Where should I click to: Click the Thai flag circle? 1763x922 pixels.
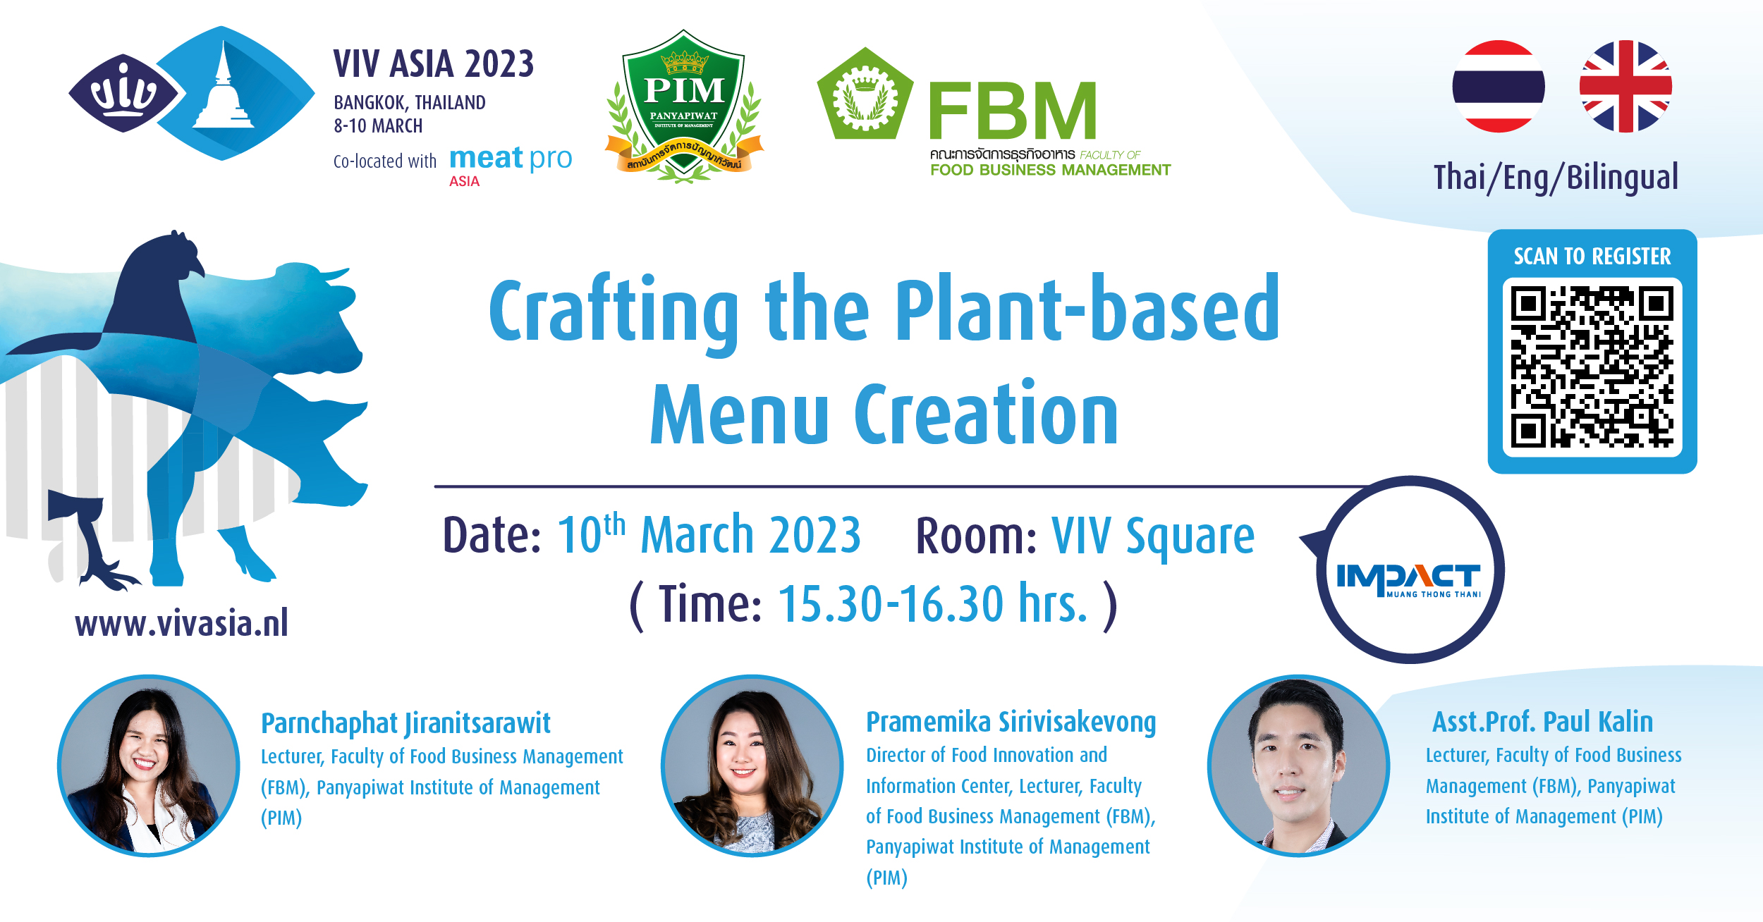[1499, 86]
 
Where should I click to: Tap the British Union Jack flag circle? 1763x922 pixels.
[1625, 86]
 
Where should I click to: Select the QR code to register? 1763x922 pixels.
[1592, 367]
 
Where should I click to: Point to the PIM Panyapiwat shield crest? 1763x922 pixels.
[683, 106]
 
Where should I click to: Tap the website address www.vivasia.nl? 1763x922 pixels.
[182, 623]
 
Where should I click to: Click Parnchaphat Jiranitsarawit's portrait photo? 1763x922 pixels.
[149, 766]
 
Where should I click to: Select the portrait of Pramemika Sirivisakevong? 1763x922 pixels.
[752, 766]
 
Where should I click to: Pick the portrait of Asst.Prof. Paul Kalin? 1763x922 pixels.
[1298, 766]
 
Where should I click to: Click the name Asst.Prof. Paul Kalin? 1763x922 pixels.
[1542, 722]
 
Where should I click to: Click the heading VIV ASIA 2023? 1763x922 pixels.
[434, 64]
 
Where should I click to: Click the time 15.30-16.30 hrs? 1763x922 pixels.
[933, 604]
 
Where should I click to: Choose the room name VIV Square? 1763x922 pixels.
[1153, 537]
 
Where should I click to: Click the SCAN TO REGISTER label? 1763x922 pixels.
[1592, 256]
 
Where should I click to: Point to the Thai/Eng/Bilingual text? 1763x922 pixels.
[1556, 178]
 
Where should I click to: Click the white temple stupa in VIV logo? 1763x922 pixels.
[224, 88]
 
